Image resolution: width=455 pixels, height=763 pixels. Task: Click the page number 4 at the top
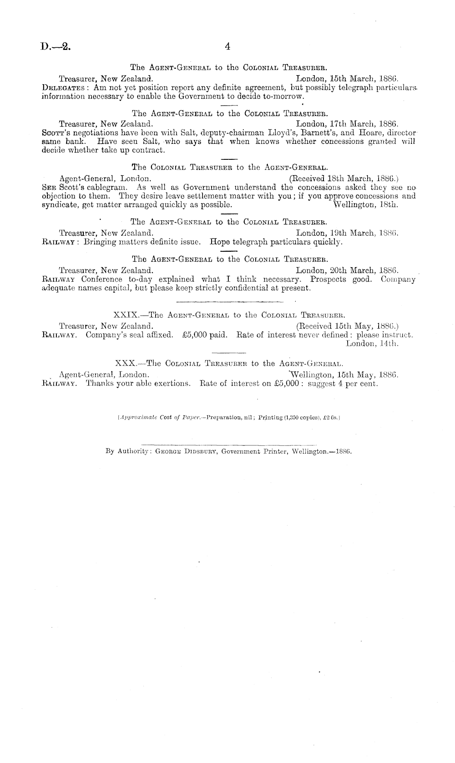click(x=227, y=47)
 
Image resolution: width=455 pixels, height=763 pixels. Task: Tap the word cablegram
click(x=112, y=187)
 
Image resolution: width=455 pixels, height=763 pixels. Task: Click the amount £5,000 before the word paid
click(x=194, y=335)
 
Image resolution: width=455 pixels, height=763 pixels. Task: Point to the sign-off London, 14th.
click(x=371, y=344)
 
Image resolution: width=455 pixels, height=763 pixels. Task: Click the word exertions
click(x=172, y=384)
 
